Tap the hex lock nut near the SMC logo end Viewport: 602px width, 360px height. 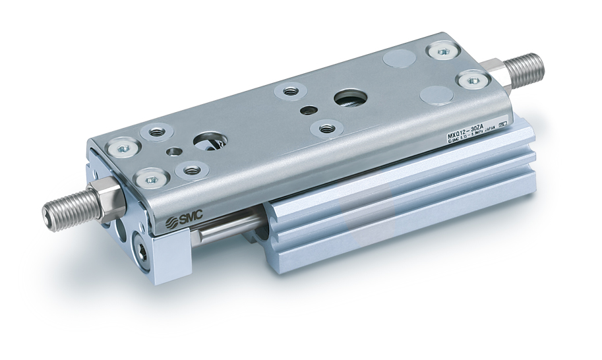point(106,198)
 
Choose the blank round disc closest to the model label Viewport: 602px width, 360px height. point(436,94)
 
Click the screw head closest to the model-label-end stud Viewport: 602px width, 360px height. point(471,79)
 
